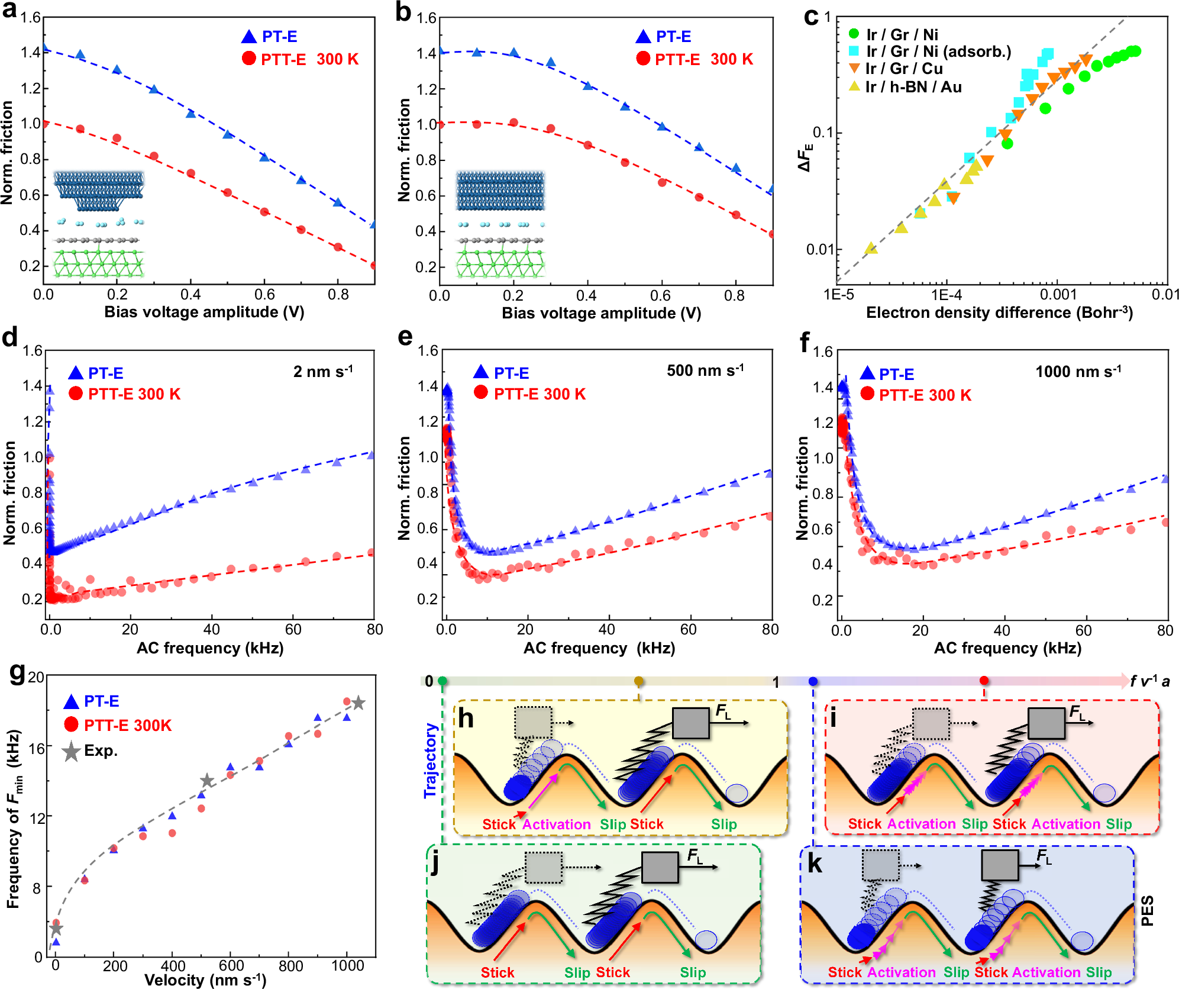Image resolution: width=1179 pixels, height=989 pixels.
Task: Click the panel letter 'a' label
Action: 9,11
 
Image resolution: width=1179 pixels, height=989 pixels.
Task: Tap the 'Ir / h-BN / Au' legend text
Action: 913,87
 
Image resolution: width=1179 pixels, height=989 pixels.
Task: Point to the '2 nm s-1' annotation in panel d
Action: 322,372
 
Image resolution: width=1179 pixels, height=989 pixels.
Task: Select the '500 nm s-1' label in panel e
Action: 705,371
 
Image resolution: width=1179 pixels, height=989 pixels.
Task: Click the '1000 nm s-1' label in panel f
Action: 1077,372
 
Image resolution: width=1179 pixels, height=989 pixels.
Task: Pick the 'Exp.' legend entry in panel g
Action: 101,750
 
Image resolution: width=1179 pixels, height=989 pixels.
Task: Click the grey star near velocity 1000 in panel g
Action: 358,703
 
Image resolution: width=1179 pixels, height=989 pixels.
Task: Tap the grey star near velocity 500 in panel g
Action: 206,781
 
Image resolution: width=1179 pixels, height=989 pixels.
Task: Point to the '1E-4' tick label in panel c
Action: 947,295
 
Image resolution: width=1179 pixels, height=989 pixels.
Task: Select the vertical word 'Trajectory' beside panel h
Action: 431,761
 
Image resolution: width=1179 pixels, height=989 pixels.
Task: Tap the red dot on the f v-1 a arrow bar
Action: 984,681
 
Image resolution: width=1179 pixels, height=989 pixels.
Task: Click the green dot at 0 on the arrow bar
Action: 442,681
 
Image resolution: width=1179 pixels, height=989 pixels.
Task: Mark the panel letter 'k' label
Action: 815,864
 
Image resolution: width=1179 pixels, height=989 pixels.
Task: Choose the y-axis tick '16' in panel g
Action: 37,749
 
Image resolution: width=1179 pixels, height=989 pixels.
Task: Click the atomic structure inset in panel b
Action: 500,225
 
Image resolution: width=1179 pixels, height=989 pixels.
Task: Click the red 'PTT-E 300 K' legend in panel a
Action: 309,59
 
